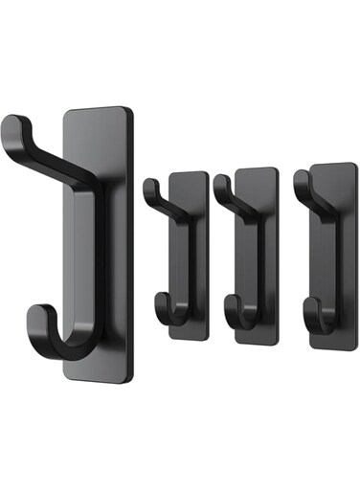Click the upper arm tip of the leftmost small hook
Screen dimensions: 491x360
point(148,185)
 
